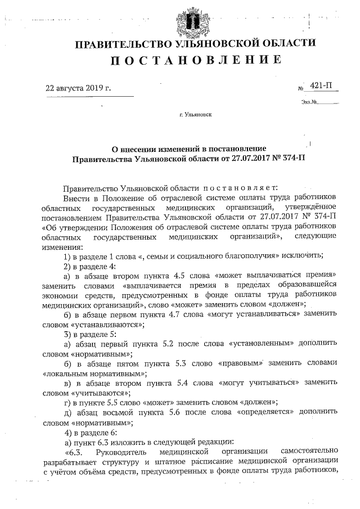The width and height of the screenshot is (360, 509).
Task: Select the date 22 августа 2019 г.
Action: (x=78, y=88)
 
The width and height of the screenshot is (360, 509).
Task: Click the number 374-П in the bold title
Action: (x=293, y=160)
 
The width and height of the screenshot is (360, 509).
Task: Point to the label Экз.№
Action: (x=309, y=102)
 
